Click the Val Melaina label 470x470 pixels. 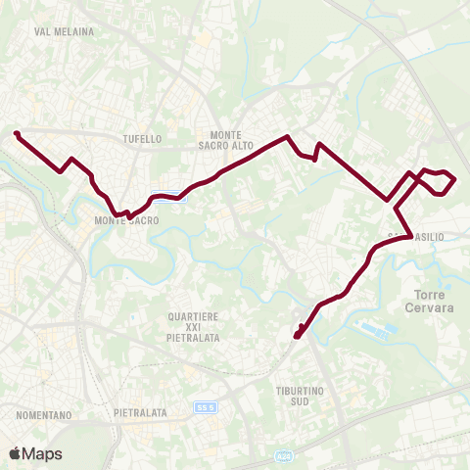[x=64, y=31]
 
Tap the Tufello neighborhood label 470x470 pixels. [x=143, y=139]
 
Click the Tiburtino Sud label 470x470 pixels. [x=293, y=396]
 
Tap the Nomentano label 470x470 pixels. [x=45, y=415]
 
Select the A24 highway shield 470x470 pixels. [x=285, y=455]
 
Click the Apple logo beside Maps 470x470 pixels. [x=15, y=453]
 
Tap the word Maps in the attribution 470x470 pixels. [x=42, y=453]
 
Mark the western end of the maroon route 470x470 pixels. [x=17, y=133]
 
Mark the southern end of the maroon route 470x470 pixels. [x=296, y=336]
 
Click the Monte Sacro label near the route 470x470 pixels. [x=126, y=221]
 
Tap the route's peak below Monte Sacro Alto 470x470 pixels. [x=287, y=137]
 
